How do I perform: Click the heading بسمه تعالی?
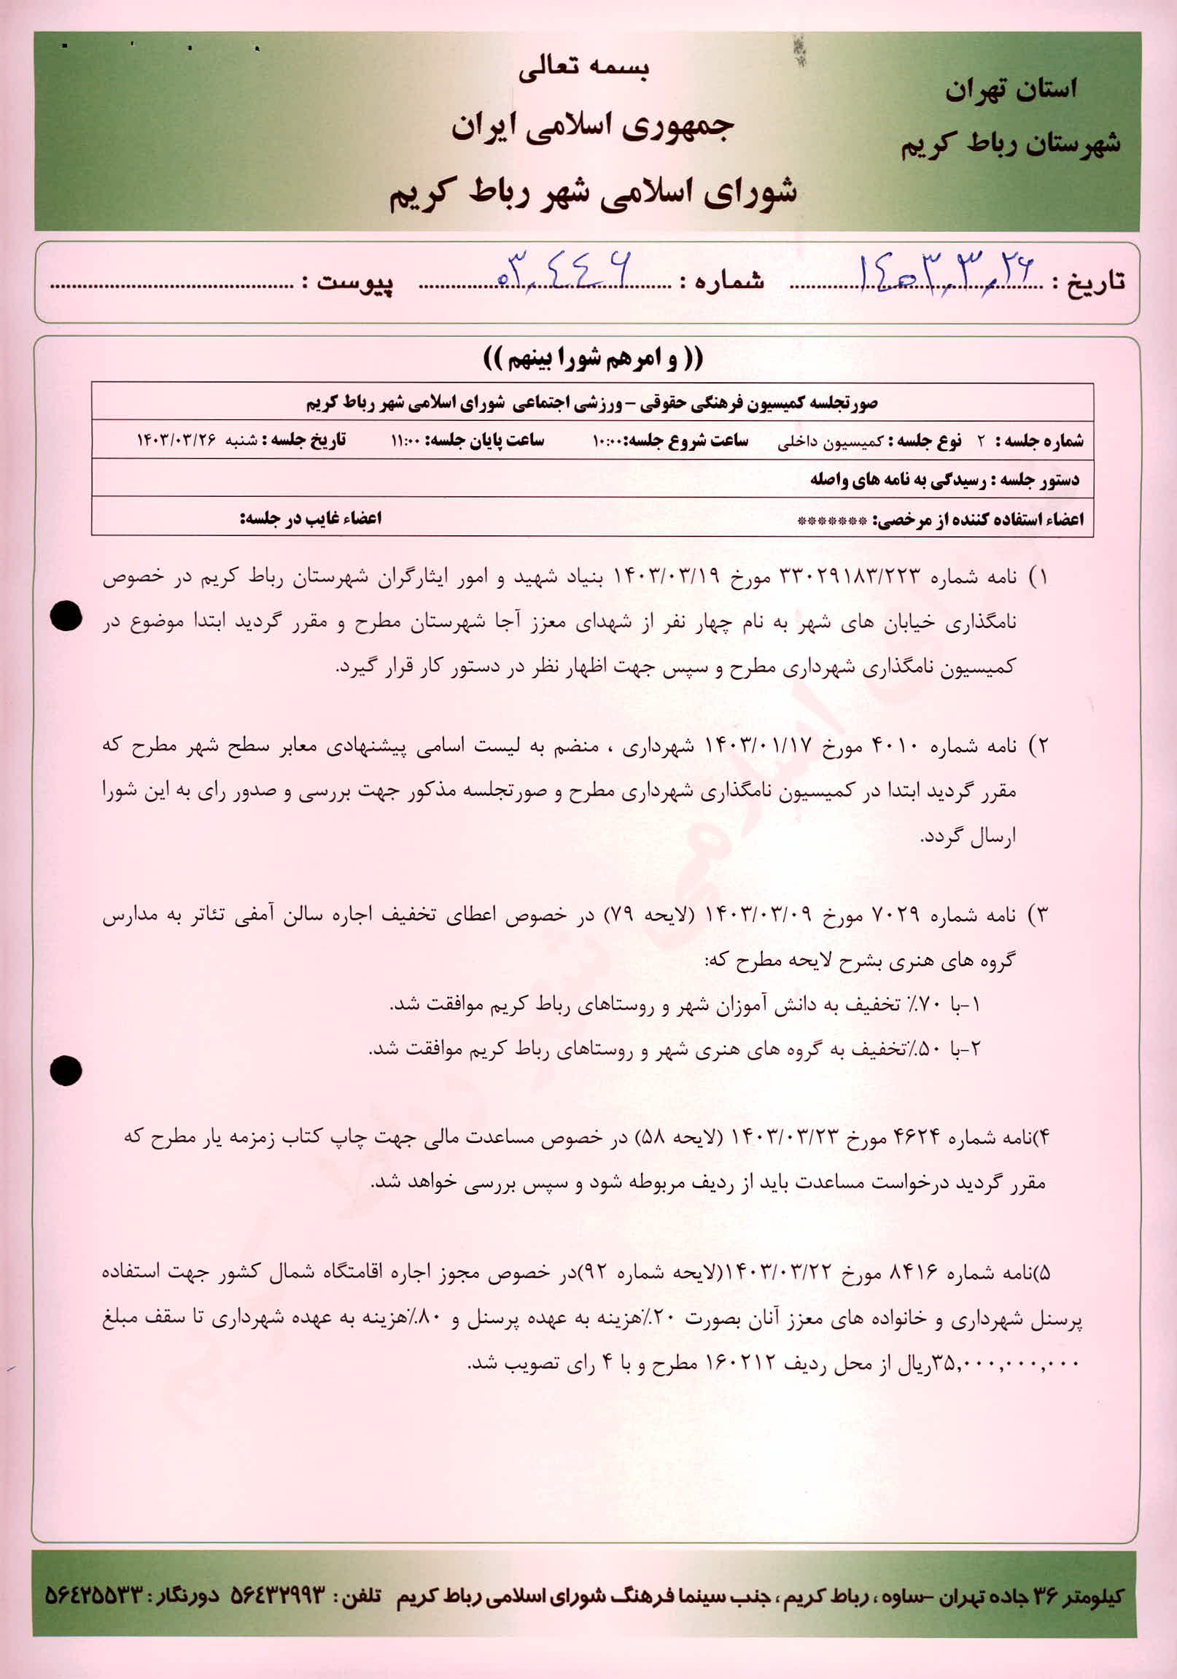coord(583,67)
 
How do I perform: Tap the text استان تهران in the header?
coord(1011,90)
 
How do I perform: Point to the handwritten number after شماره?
coord(564,268)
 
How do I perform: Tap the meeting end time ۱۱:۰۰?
coord(403,441)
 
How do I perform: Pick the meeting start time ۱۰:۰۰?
coord(607,441)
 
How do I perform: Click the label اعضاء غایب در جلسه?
coord(311,519)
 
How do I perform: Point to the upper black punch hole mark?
coord(66,616)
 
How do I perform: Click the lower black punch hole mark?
coord(66,1071)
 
